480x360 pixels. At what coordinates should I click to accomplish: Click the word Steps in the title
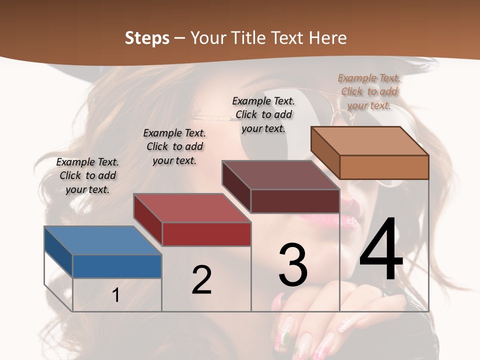click(146, 38)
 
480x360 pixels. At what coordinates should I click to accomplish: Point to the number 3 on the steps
click(293, 265)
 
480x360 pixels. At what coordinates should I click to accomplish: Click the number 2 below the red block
click(202, 280)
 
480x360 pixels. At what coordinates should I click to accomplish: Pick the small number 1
click(116, 295)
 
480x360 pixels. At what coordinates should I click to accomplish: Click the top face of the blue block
click(102, 240)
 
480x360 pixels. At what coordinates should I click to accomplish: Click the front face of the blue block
click(117, 266)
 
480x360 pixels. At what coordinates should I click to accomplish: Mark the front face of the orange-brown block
click(384, 167)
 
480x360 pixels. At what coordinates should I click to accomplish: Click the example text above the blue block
click(87, 175)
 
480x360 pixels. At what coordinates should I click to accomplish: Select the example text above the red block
click(174, 146)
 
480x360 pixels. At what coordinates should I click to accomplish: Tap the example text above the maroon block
click(263, 114)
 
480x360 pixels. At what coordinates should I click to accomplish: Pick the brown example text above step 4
click(369, 91)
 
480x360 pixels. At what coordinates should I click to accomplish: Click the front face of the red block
click(206, 234)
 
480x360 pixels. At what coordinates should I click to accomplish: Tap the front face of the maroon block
click(295, 201)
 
